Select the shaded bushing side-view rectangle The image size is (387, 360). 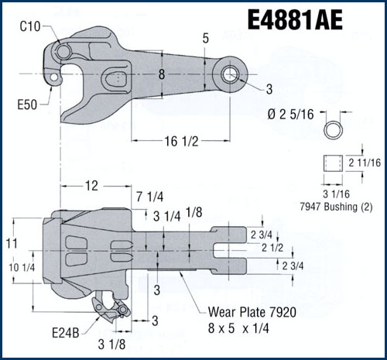click(x=334, y=164)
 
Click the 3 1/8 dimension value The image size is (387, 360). click(x=112, y=342)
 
